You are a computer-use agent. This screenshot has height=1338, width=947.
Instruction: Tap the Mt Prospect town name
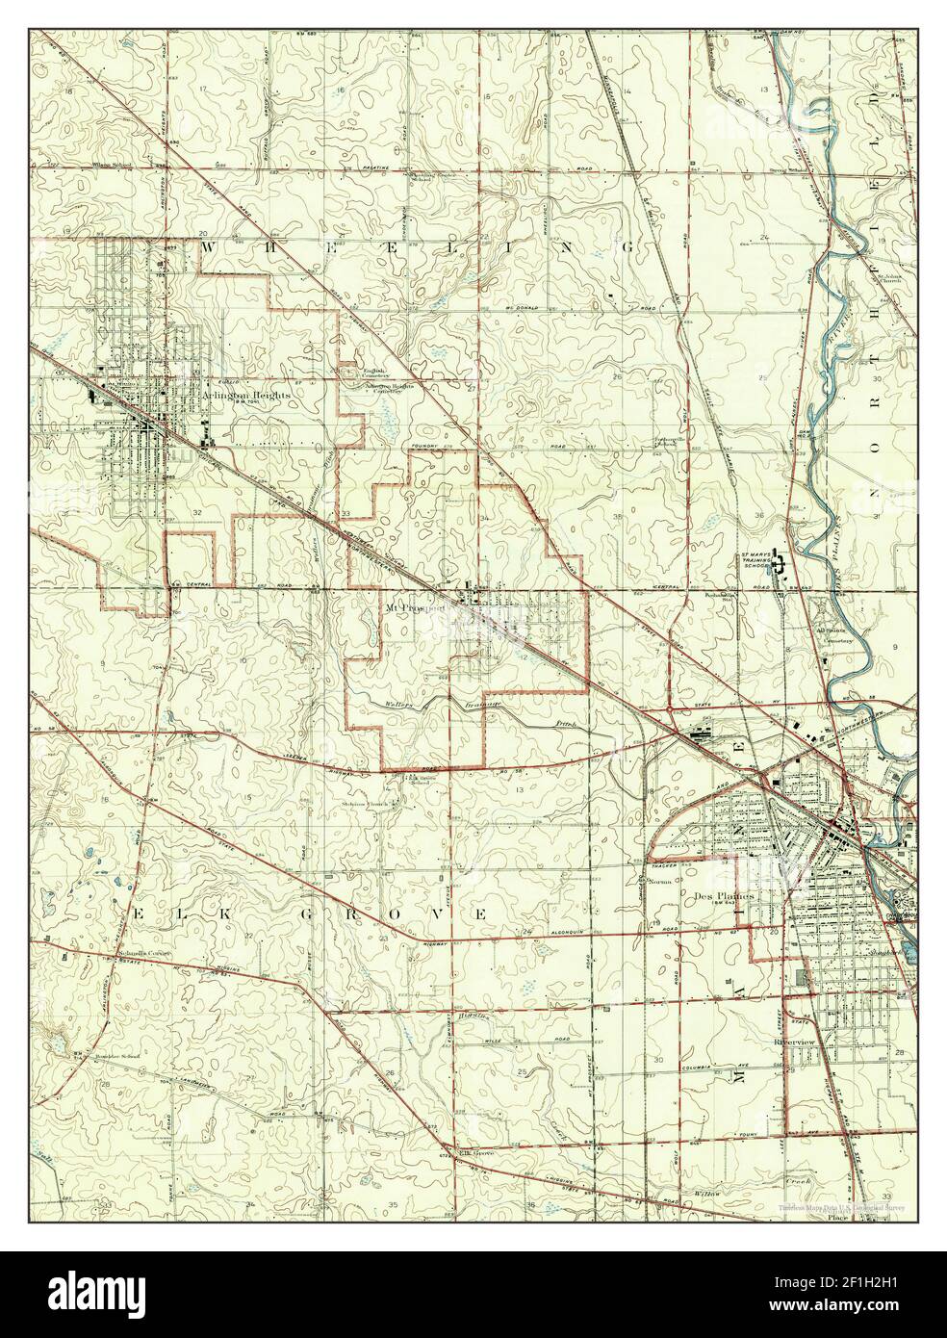pyautogui.click(x=416, y=608)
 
